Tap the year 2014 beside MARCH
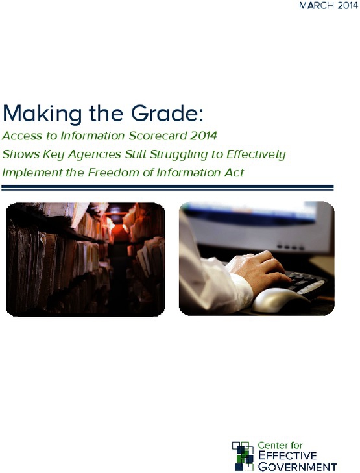348,6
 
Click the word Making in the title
42,114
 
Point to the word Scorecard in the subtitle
158,136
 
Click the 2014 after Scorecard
203,136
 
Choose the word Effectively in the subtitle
256,155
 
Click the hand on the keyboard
258,269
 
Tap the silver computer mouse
279,300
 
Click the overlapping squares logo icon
243,455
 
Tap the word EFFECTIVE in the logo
287,455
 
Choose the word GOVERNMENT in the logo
297,467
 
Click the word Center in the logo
270,446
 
